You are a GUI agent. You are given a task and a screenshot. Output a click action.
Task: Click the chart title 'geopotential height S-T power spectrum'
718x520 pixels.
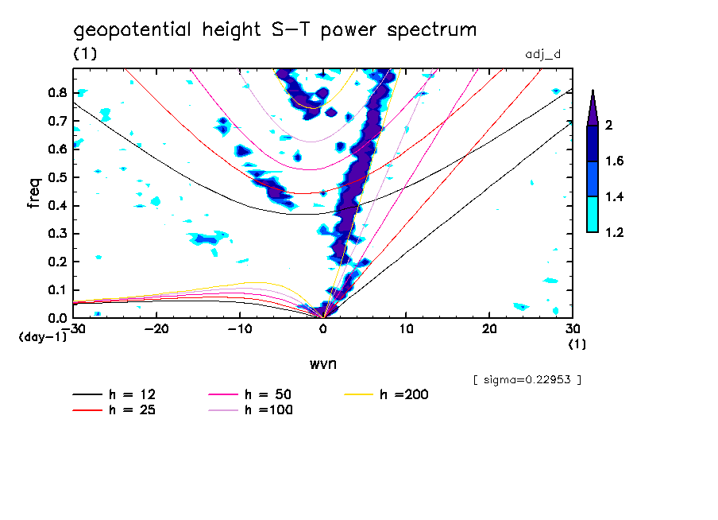275,31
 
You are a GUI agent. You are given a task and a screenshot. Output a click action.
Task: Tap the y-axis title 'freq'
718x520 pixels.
33,192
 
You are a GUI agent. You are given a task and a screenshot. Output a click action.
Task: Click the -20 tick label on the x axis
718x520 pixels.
156,328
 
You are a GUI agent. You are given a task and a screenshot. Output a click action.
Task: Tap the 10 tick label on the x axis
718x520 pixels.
406,328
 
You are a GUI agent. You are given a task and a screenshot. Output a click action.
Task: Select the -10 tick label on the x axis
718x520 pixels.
239,328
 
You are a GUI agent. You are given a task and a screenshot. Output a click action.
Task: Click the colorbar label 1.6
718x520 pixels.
615,161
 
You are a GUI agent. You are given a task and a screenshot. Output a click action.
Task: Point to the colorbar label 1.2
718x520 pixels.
615,232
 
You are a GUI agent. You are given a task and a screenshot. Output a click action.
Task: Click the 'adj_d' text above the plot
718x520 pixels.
543,54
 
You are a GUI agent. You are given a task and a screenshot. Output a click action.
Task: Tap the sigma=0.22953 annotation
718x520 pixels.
527,379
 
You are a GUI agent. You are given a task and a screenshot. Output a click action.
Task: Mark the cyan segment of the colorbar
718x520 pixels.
593,214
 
